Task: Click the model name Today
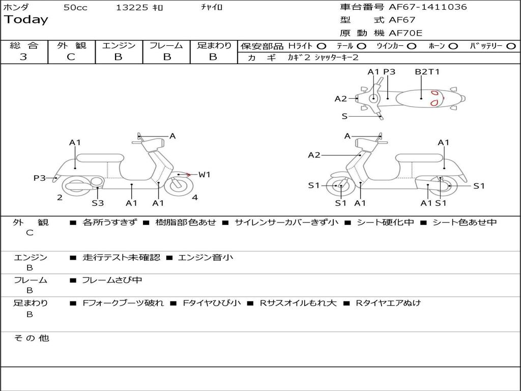[26, 20]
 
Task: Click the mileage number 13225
[132, 7]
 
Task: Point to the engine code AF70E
[406, 33]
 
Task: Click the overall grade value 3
[23, 57]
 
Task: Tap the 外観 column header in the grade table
[71, 45]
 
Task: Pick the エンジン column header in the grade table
[119, 45]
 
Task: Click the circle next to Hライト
[322, 46]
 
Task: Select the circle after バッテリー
[511, 46]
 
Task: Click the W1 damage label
[204, 175]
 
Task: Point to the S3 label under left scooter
[98, 203]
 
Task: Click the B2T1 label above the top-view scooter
[427, 72]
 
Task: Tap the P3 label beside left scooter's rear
[40, 178]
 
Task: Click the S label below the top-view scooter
[344, 116]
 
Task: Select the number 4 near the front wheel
[195, 198]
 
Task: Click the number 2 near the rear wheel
[60, 198]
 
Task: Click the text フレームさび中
[112, 280]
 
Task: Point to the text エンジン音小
[206, 258]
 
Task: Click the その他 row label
[31, 338]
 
